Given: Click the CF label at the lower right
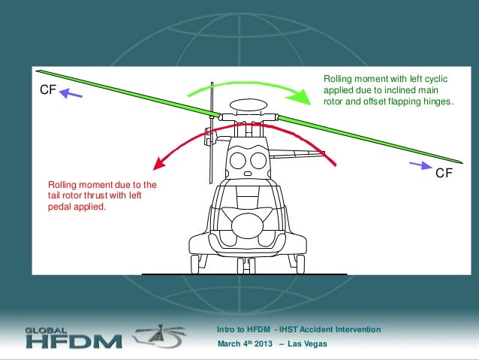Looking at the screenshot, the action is click(444, 173).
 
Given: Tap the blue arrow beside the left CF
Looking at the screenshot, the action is click(72, 94).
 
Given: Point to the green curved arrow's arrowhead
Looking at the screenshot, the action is click(302, 97).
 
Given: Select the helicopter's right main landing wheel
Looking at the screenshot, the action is click(300, 263).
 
